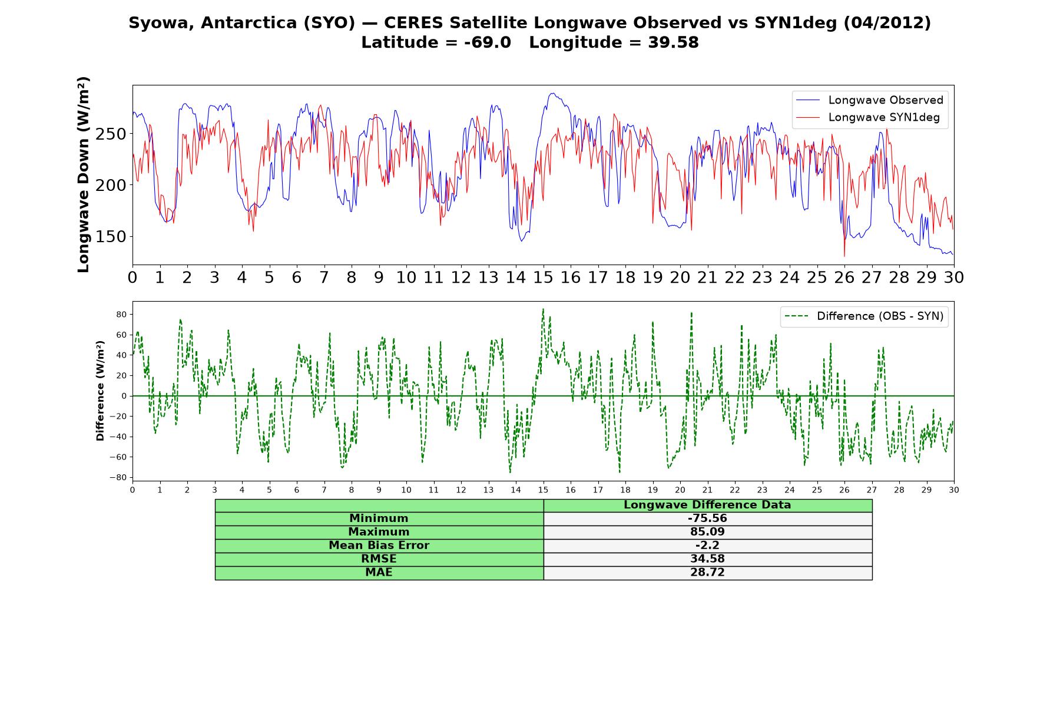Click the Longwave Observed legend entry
point(870,100)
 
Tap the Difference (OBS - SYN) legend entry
point(864,316)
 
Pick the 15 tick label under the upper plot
point(543,277)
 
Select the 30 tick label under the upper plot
point(953,277)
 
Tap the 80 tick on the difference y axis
point(121,315)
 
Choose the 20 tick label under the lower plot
point(680,490)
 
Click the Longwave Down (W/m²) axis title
point(83,174)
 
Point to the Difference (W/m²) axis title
point(100,391)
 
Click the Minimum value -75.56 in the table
point(707,518)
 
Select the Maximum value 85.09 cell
point(707,532)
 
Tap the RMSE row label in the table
point(379,559)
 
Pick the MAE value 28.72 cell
point(707,573)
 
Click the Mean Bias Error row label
point(379,546)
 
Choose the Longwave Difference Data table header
point(707,505)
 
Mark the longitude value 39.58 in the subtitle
point(673,42)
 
